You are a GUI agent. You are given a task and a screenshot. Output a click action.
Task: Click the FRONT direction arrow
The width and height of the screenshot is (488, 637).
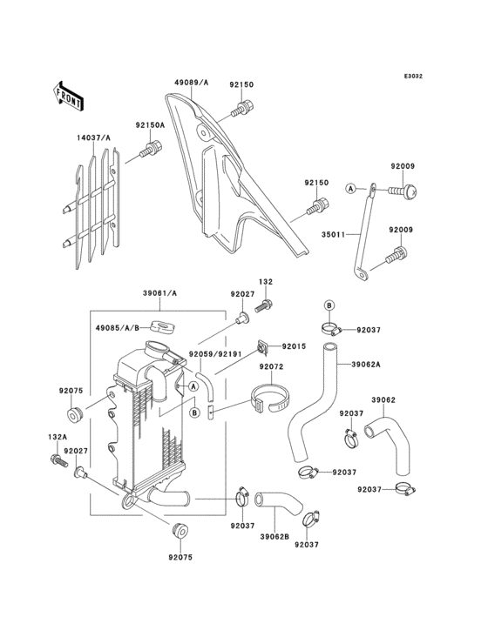coord(68,96)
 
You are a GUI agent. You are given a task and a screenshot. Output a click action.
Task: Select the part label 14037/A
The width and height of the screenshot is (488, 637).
coord(93,138)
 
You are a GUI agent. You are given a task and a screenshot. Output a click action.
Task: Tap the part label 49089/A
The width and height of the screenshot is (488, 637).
coord(191,83)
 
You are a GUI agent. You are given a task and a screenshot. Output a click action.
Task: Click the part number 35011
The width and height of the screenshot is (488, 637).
coord(333,234)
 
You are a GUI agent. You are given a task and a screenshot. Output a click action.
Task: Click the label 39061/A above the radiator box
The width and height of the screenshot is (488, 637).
coord(159,293)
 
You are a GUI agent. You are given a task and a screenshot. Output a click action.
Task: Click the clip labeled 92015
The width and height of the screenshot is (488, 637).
coord(261,347)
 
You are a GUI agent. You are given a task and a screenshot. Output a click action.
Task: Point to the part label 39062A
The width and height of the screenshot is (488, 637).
coord(366,365)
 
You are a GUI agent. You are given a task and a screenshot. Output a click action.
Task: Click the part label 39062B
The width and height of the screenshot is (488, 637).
coord(274,537)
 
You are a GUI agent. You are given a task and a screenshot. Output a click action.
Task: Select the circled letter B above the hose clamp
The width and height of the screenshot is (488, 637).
coord(329,305)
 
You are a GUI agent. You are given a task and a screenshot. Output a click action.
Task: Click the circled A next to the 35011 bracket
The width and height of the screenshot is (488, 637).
coord(350,189)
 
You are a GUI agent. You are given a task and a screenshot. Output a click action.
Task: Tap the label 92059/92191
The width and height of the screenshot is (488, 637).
coord(215,354)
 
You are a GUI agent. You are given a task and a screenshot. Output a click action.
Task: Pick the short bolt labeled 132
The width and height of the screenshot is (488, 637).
coord(263,305)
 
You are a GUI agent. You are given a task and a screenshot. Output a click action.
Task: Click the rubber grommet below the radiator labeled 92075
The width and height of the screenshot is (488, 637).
coord(179,531)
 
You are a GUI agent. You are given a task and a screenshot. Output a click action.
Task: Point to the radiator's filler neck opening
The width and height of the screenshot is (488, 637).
coord(156,347)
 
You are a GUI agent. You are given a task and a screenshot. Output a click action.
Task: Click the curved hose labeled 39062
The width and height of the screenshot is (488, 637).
coord(388,445)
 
